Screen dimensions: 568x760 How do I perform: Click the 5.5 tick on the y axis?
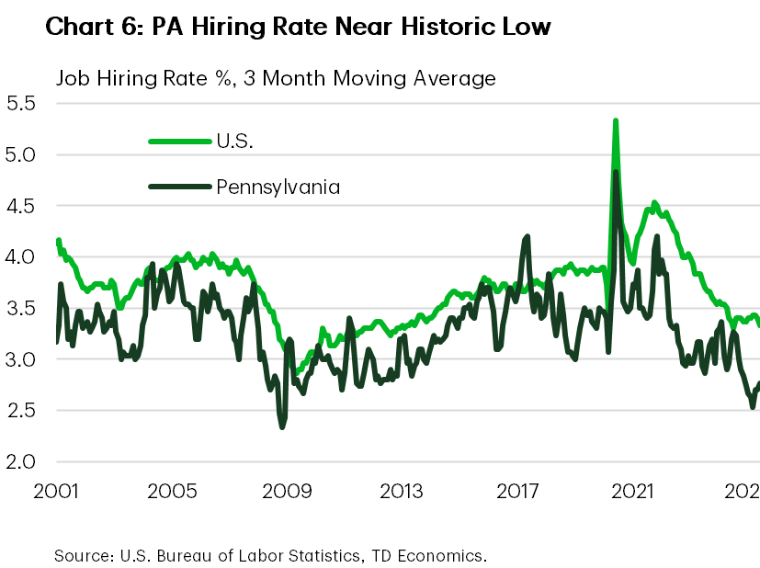click(x=19, y=104)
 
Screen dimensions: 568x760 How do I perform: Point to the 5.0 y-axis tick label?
click(x=19, y=155)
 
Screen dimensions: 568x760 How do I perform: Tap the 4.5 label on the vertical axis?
click(x=19, y=207)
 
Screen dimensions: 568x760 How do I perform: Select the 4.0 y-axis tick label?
click(x=19, y=257)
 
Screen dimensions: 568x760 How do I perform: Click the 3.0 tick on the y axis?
click(x=19, y=359)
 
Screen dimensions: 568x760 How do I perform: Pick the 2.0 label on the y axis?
click(x=19, y=461)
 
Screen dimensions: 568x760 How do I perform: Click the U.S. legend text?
click(x=238, y=141)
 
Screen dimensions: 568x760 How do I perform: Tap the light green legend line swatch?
click(x=179, y=141)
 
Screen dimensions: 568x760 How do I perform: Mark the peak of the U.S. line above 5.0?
click(x=615, y=120)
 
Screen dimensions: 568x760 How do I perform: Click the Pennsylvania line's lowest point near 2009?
click(x=282, y=426)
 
